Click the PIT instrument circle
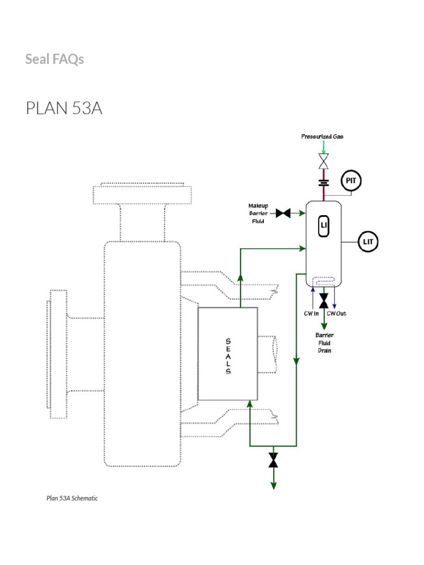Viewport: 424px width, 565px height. click(x=351, y=180)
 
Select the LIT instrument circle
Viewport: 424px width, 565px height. click(x=369, y=242)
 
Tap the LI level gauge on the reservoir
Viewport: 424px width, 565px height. click(x=324, y=226)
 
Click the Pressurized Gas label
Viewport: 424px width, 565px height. click(x=322, y=136)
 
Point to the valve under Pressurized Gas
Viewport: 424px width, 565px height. click(x=324, y=162)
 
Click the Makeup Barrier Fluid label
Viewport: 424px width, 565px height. click(x=258, y=213)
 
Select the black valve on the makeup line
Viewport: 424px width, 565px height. click(x=283, y=213)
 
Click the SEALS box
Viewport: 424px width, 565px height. click(x=227, y=354)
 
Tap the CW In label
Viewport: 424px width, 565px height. click(x=311, y=313)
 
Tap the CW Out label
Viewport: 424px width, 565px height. click(x=336, y=313)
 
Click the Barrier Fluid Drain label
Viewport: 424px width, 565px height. click(x=324, y=343)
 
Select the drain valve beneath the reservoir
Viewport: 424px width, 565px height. click(x=324, y=301)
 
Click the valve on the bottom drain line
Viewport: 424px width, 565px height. click(x=273, y=460)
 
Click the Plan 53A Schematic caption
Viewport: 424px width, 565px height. click(x=72, y=498)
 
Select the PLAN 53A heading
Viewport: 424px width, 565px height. click(x=64, y=109)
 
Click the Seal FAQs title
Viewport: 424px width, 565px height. click(x=55, y=59)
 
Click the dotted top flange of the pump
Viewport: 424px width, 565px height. click(x=142, y=194)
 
